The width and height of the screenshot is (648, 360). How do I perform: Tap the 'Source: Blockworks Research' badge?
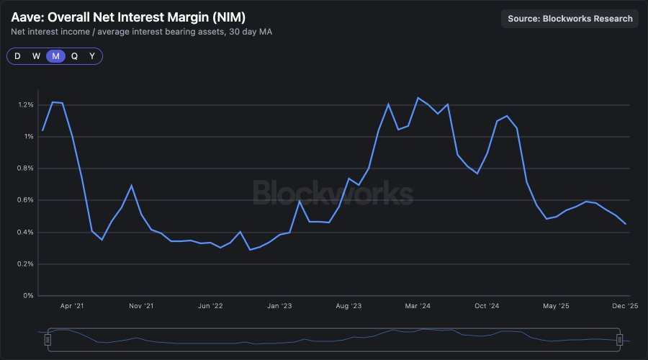point(570,19)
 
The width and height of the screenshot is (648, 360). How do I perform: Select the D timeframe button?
point(17,56)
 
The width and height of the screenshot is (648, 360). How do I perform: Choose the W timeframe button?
point(36,56)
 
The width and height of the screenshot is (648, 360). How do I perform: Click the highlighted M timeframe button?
point(55,56)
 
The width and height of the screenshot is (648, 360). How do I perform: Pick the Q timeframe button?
point(74,56)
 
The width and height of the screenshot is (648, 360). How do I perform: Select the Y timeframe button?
point(92,56)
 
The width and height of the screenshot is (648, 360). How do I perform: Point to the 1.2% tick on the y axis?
point(25,105)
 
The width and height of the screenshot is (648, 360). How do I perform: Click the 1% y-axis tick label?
point(28,137)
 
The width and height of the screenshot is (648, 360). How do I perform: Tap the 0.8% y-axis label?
point(25,168)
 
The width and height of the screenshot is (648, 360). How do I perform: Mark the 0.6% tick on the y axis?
point(25,200)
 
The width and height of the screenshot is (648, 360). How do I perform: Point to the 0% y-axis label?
point(29,295)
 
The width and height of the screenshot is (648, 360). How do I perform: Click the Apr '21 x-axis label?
point(72,306)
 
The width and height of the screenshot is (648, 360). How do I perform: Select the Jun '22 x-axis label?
point(210,306)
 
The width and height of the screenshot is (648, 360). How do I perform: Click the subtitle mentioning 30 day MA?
point(141,32)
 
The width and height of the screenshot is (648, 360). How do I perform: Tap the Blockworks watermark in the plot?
point(333,193)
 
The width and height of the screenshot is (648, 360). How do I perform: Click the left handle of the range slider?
point(48,340)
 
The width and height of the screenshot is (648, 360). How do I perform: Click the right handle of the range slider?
point(619,340)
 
